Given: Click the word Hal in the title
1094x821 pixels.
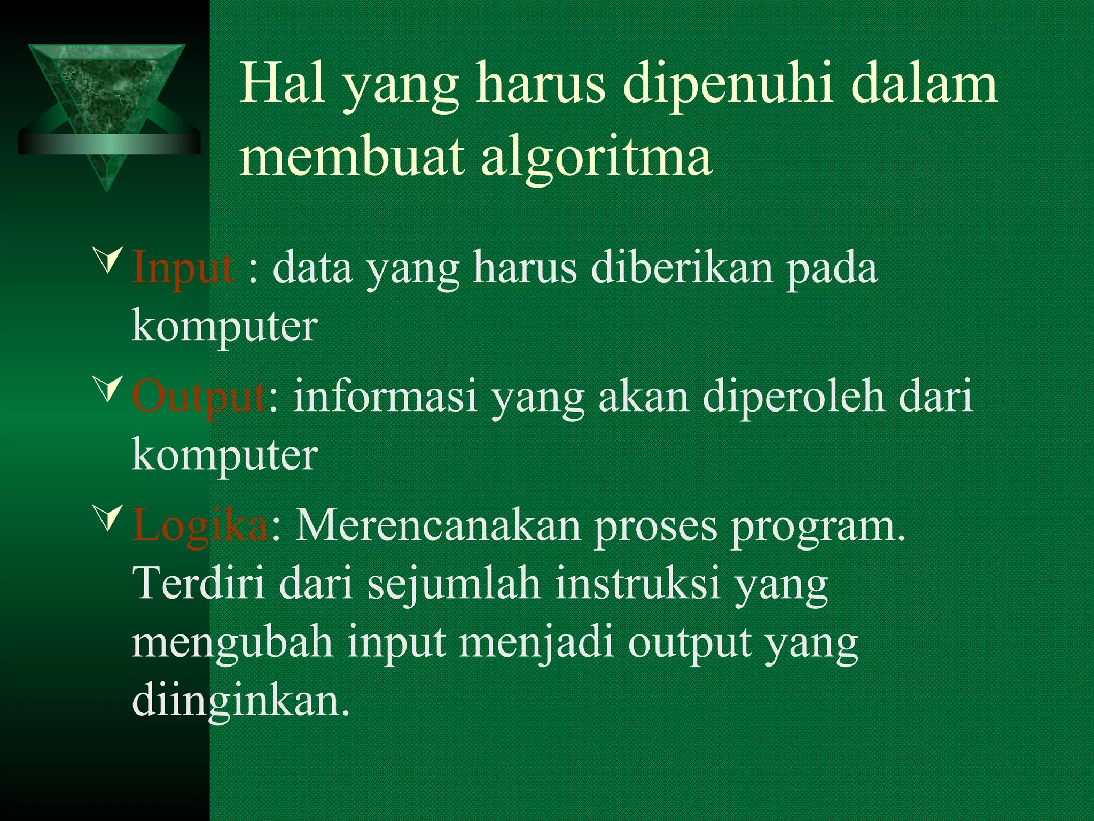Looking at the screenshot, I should pos(282,85).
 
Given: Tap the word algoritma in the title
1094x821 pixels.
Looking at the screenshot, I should pos(596,157).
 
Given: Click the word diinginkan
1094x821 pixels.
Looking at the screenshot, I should pos(240,702).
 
